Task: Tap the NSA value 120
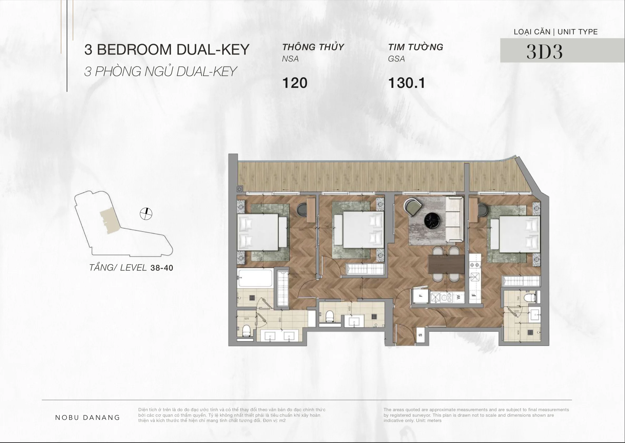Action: coord(295,83)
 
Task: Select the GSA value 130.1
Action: coord(406,83)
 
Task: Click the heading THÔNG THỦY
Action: coord(313,47)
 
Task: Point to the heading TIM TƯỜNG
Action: coord(416,47)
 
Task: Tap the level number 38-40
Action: coord(162,268)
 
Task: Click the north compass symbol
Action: coord(146,214)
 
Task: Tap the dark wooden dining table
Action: coord(446,264)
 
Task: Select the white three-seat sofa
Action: coord(454,219)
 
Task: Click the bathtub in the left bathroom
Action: coord(255,278)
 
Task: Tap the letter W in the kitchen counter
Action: coord(459,297)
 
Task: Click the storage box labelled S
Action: coord(420,335)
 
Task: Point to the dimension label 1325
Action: coord(302,272)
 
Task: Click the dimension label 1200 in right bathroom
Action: coord(516,311)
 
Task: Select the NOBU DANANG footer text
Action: coord(87,418)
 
